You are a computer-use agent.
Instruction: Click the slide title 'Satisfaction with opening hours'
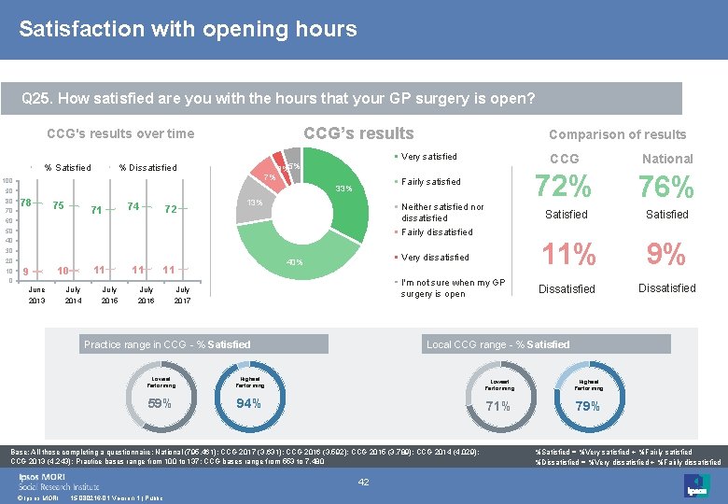[188, 29]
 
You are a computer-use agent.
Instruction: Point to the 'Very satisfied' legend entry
[428, 157]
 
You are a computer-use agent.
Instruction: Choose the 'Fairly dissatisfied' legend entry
[436, 232]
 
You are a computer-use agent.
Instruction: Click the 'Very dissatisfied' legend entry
[434, 258]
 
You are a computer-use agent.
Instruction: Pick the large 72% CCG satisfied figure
[565, 187]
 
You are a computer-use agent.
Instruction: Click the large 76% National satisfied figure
[666, 187]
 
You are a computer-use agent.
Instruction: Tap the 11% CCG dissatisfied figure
[565, 254]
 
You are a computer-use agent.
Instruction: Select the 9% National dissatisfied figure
[666, 254]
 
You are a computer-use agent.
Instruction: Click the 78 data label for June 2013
[26, 203]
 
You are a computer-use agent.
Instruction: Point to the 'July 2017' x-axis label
[183, 295]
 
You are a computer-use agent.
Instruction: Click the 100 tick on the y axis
[7, 180]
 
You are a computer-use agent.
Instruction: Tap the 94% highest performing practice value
[248, 404]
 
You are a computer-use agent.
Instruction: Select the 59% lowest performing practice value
[161, 404]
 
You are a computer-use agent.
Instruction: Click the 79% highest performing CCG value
[587, 406]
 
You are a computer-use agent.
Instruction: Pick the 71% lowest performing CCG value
[498, 406]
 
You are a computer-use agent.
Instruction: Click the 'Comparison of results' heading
[617, 134]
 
